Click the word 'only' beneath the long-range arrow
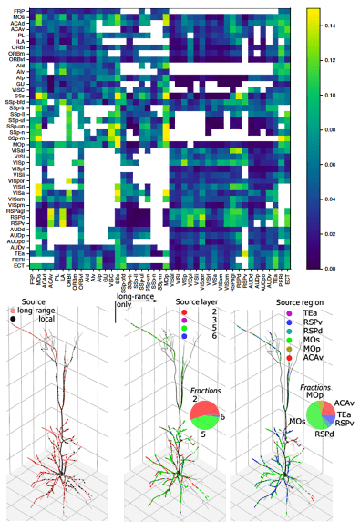[123, 306]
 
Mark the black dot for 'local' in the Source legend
[11, 320]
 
